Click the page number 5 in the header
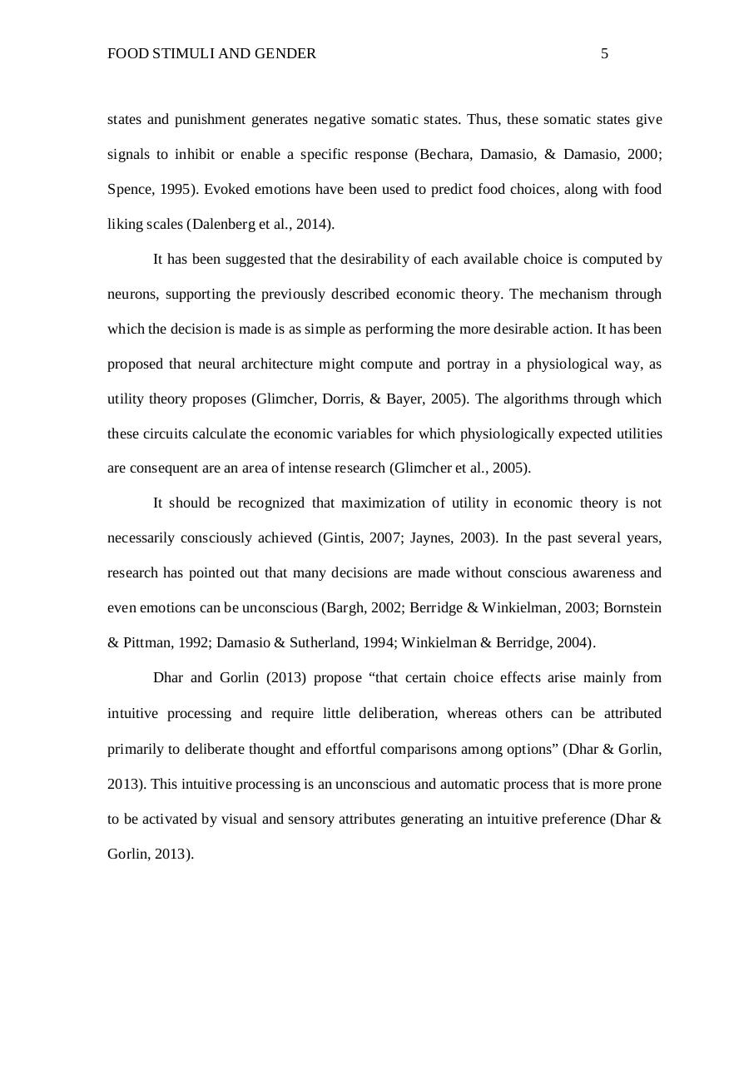[604, 54]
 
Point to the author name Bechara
[443, 155]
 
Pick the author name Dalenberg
[226, 225]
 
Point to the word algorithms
[539, 399]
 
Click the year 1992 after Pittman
[192, 643]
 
